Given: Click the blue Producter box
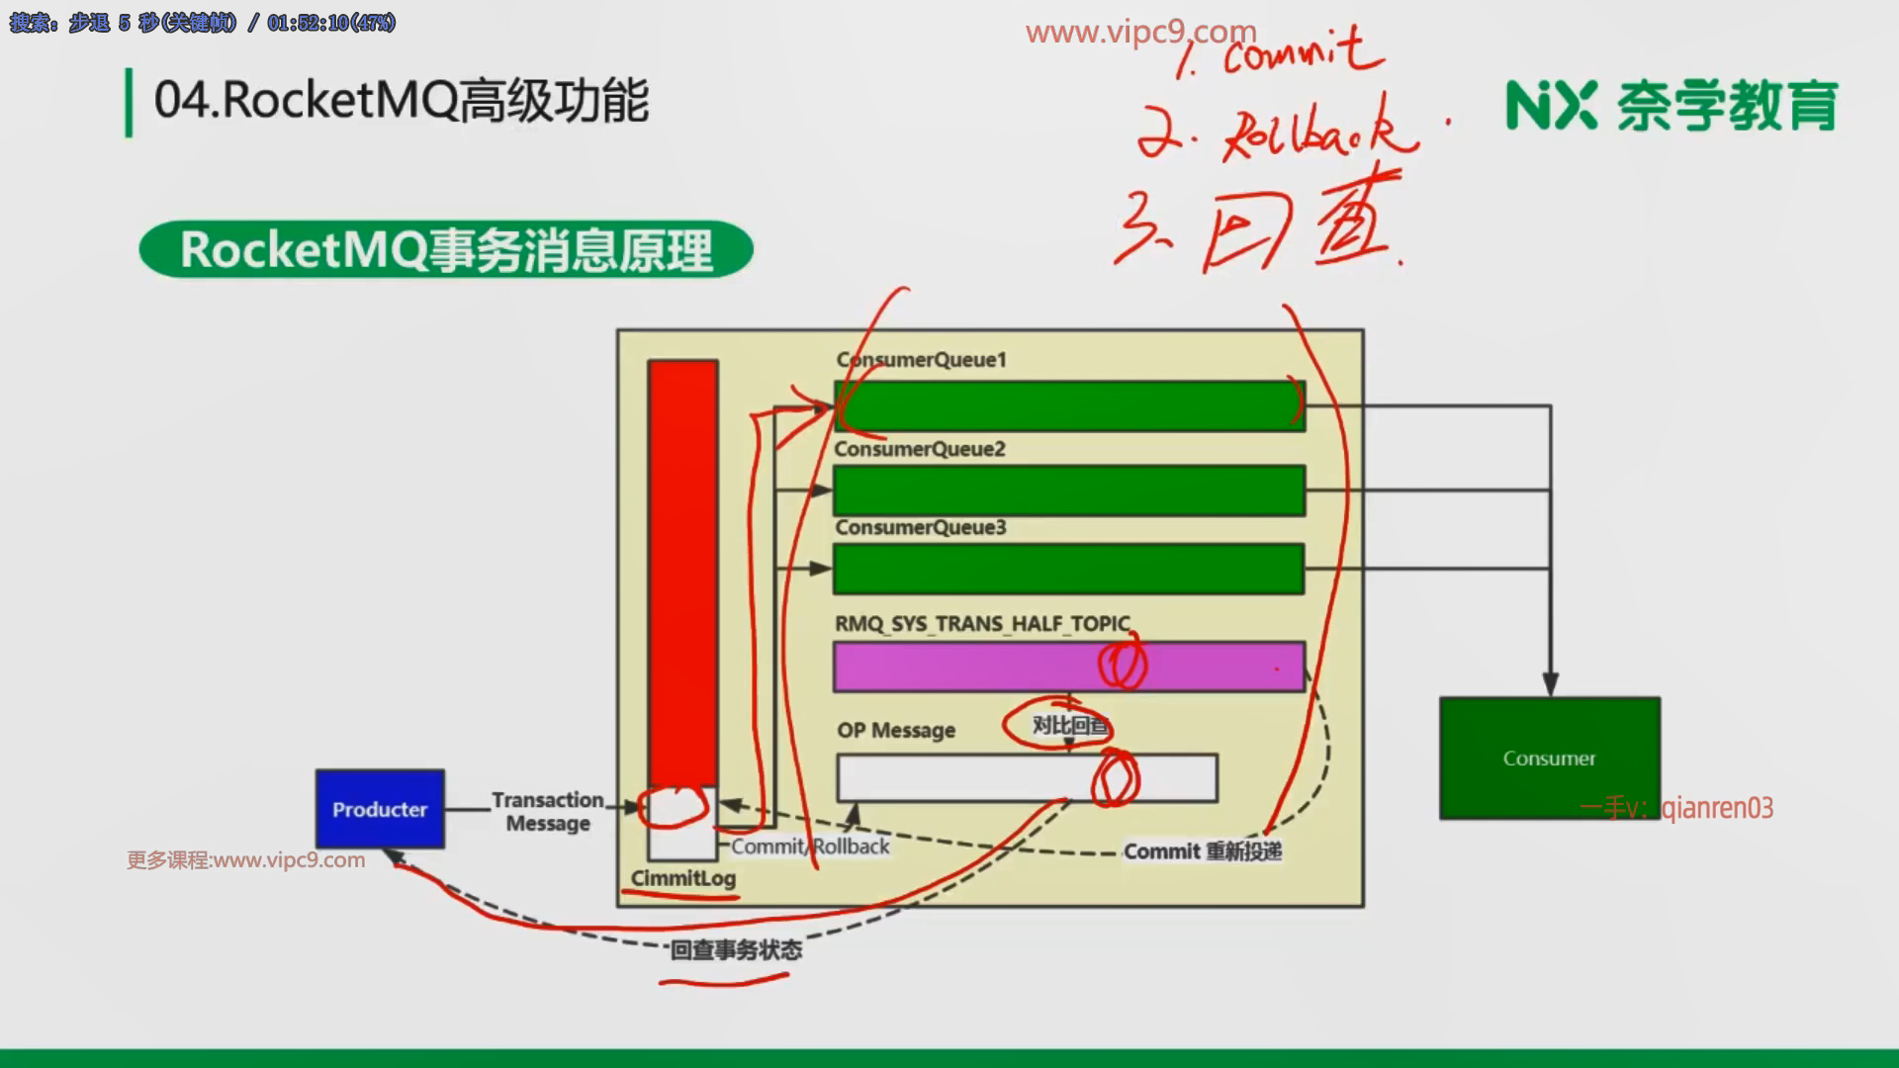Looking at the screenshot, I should [x=380, y=809].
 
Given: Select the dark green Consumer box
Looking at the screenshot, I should [x=1549, y=757].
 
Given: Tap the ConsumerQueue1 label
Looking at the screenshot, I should [x=921, y=360].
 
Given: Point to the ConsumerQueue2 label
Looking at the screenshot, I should [x=920, y=449].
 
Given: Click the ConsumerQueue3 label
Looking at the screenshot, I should [x=921, y=527].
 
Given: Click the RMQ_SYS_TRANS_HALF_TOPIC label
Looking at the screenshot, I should [x=982, y=624].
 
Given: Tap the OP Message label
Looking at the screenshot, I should [x=896, y=730].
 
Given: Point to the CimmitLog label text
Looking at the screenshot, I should [x=683, y=878].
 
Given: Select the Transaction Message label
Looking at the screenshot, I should [x=548, y=811].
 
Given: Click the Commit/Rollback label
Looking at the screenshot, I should [x=810, y=846].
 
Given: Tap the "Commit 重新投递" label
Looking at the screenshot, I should [x=1203, y=851].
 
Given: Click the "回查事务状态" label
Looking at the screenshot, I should [x=736, y=950].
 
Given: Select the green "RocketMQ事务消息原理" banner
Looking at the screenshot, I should [x=446, y=249].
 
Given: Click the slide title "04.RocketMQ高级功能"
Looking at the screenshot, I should [x=402, y=101].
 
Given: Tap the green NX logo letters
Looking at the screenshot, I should [x=1551, y=106].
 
